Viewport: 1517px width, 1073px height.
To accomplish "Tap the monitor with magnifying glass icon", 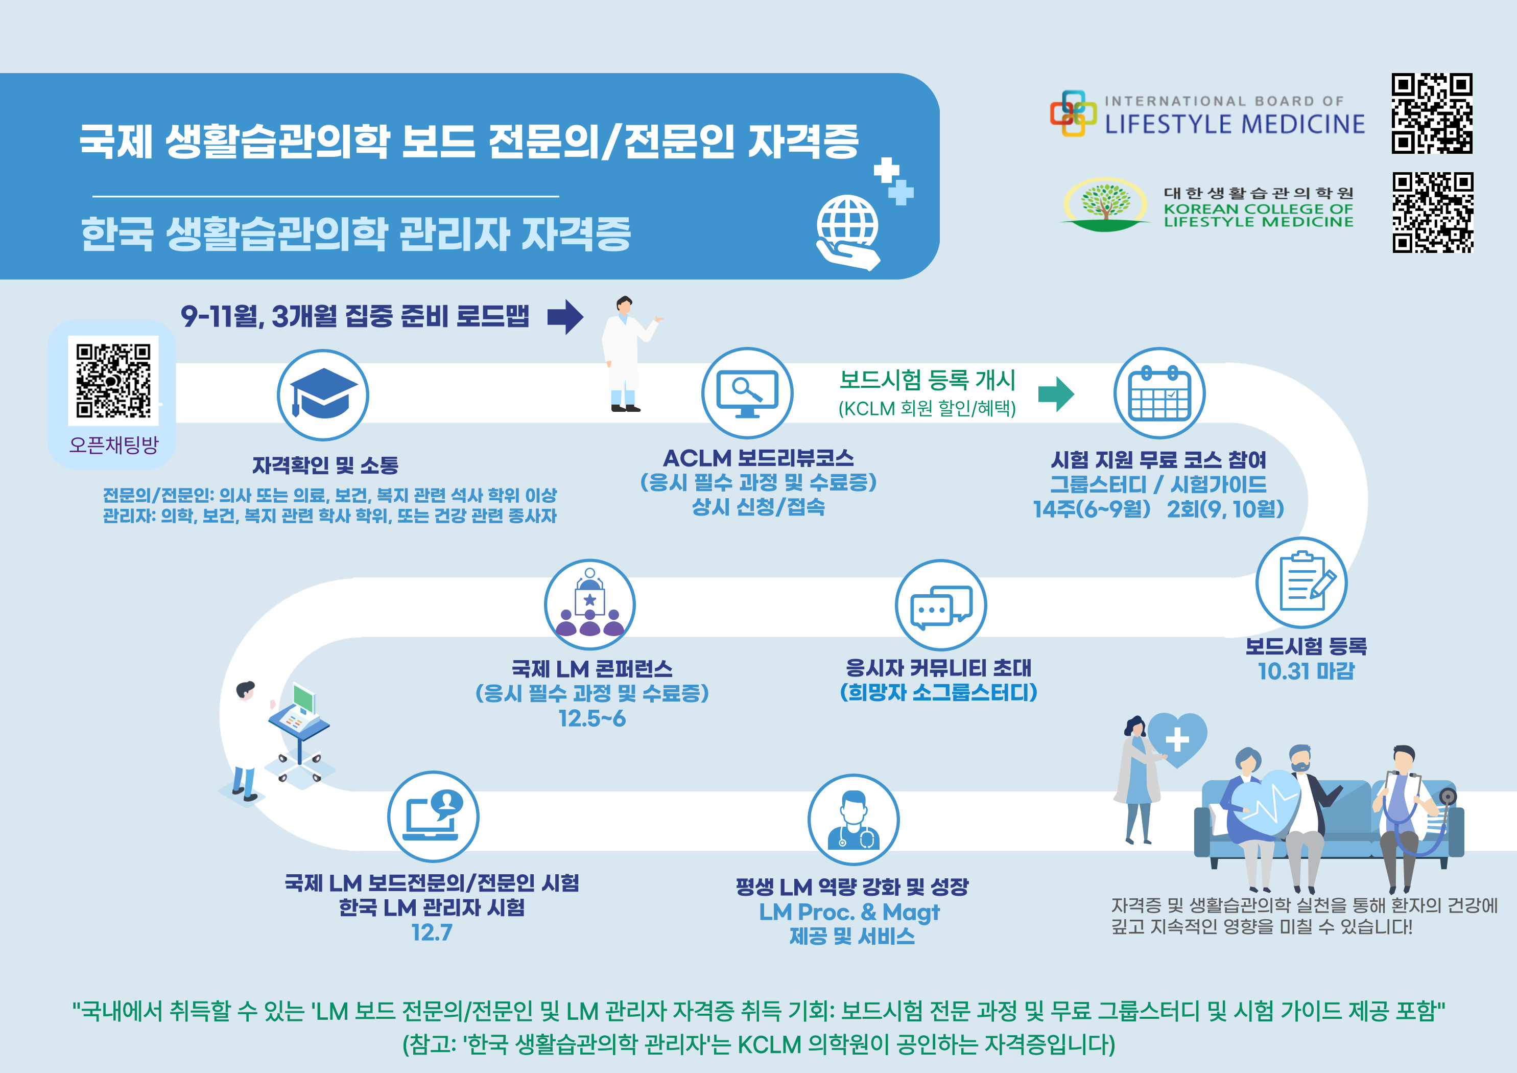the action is tap(747, 393).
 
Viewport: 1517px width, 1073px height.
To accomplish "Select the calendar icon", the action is tap(1159, 393).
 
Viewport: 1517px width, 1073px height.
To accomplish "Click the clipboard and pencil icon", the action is tap(1301, 582).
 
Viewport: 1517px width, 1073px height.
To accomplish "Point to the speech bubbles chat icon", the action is tap(941, 605).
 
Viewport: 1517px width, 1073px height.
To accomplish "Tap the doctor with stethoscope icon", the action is tap(853, 820).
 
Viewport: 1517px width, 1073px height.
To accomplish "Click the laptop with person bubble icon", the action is tap(434, 817).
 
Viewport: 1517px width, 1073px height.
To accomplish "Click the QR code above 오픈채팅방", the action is tap(113, 380).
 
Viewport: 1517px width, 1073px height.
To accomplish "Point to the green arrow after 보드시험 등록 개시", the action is tap(1056, 394).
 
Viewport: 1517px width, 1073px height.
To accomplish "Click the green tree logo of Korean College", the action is tap(1105, 204).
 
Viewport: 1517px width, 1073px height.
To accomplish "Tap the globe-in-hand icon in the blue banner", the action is tap(849, 231).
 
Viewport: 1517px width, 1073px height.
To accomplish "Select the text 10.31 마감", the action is tap(1306, 671).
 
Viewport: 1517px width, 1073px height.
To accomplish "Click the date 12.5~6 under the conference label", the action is tap(592, 718).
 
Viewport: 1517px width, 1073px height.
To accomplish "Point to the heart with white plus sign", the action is tap(1177, 740).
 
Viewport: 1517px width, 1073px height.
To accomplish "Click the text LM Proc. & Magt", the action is tap(849, 913).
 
